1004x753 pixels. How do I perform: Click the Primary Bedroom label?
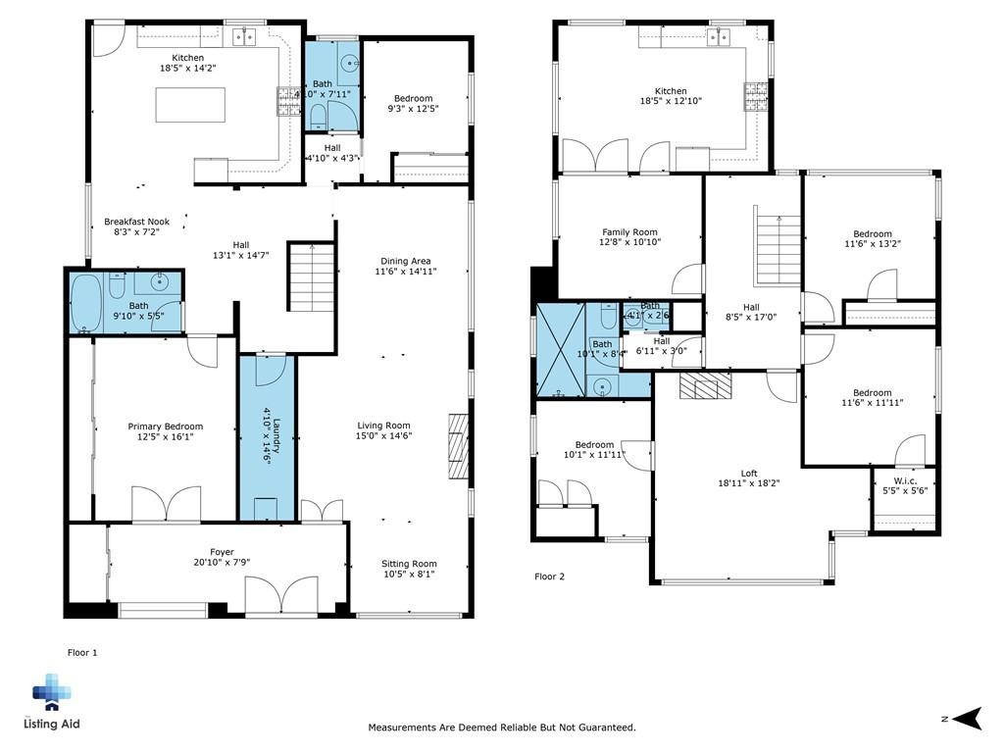(x=166, y=427)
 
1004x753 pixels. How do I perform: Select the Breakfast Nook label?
(x=137, y=223)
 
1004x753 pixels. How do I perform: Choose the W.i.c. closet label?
(x=905, y=480)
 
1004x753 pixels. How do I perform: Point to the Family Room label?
(x=629, y=232)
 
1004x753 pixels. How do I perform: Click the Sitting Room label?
(x=409, y=564)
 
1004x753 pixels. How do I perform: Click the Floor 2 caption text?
(x=549, y=577)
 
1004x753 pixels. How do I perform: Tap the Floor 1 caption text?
(x=82, y=652)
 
